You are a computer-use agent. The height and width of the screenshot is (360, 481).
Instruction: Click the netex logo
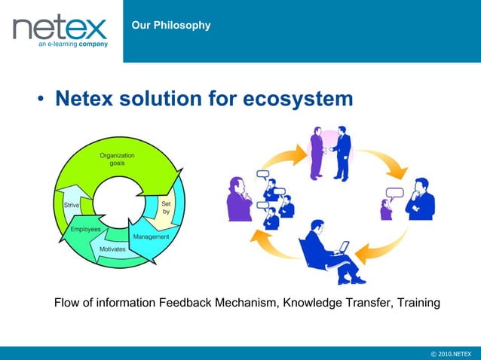tap(60, 30)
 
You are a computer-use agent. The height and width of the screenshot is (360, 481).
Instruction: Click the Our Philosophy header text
tap(170, 26)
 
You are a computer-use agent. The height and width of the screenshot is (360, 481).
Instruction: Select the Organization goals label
tap(118, 159)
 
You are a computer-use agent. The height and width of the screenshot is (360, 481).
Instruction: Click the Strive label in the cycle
tap(72, 204)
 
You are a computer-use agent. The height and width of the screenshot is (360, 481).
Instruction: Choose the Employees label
tap(86, 228)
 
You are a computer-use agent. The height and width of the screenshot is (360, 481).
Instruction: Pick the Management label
tap(151, 236)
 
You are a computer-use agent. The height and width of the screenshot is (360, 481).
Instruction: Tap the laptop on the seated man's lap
tap(342, 247)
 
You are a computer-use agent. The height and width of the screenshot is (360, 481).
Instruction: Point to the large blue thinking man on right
tap(419, 200)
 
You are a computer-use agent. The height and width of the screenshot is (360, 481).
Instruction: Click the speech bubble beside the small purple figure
tap(392, 191)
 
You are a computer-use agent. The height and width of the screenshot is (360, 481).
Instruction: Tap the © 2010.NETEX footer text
tap(450, 353)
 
